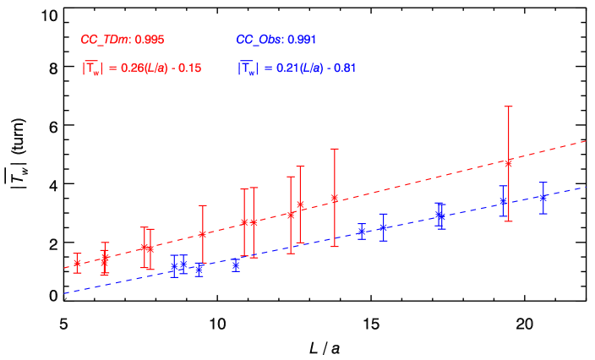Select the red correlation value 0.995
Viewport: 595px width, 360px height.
point(150,40)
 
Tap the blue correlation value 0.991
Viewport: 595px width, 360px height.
point(302,40)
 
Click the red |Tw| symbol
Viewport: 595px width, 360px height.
point(91,69)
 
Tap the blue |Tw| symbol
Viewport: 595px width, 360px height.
point(246,68)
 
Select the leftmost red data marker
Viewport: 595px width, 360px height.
point(77,263)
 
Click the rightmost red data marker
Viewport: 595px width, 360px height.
point(509,163)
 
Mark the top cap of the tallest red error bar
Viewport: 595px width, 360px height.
point(509,106)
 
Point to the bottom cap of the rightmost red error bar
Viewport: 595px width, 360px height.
point(509,221)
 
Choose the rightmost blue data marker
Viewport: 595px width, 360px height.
point(543,198)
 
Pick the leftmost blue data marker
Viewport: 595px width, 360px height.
point(173,266)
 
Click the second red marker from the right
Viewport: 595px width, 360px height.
point(335,199)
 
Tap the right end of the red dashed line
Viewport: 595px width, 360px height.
point(587,140)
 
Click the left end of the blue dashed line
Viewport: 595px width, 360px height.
point(64,294)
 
